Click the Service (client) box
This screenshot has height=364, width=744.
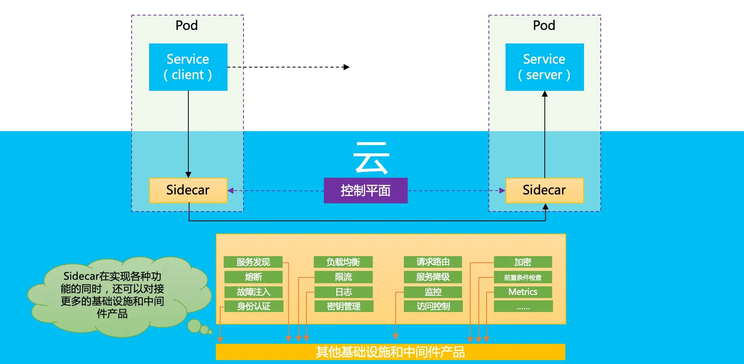(x=188, y=67)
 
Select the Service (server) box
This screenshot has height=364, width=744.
(x=544, y=67)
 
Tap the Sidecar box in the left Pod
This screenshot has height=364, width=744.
(x=188, y=190)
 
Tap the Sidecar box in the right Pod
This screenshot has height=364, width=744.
(x=544, y=190)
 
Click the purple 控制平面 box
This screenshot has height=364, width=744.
(x=365, y=191)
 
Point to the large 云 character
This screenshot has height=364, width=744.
(x=371, y=158)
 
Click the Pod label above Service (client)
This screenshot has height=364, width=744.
(x=187, y=26)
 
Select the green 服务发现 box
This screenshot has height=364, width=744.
(x=253, y=262)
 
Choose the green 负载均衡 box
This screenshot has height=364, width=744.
(x=343, y=262)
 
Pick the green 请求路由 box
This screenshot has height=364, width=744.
(x=433, y=262)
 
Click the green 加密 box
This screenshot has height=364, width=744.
(x=523, y=262)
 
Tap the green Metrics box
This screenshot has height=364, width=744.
(x=523, y=292)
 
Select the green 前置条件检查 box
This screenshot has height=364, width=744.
(x=523, y=277)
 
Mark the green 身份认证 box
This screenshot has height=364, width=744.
(x=254, y=306)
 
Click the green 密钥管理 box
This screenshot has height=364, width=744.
(x=344, y=306)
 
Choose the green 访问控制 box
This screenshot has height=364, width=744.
(x=433, y=306)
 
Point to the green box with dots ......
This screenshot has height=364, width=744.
(x=523, y=307)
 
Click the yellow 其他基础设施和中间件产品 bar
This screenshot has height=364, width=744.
(x=390, y=352)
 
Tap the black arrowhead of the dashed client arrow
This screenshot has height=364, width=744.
(x=346, y=67)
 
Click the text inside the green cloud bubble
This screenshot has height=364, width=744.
(x=112, y=295)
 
